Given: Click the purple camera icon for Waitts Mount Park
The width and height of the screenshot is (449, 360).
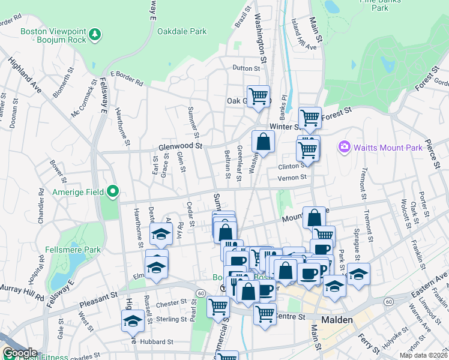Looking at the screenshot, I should coord(344,146).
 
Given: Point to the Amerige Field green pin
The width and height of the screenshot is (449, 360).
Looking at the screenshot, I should coord(113,192).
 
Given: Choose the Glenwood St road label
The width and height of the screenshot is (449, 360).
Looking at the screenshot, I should coord(181,146).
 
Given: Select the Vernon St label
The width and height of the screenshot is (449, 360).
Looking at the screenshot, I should coord(292,177).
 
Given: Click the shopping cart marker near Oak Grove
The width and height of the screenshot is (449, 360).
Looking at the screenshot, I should coord(258,95).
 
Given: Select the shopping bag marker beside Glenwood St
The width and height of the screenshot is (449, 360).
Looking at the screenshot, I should coord(263,142).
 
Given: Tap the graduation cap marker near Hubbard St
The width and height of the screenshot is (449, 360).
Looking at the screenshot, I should coord(132,322).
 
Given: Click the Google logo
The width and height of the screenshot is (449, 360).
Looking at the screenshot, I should coord(20,353).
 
